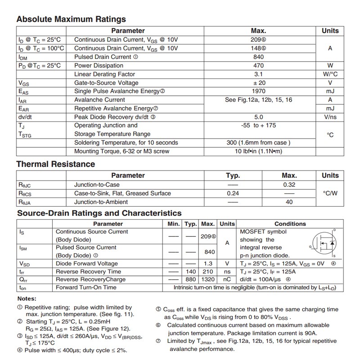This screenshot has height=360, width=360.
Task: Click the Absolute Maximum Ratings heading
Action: pos(71,19)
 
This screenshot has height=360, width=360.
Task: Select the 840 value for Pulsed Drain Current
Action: pos(258,57)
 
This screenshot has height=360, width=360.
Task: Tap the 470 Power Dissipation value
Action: pos(258,66)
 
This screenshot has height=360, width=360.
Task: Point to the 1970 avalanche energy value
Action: pos(258,91)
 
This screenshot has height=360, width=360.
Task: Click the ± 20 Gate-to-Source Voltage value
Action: pos(258,83)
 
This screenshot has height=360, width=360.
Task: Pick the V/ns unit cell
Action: pos(330,117)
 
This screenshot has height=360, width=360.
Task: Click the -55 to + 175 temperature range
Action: pos(258,126)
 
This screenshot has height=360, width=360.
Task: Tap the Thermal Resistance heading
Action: pos(56,164)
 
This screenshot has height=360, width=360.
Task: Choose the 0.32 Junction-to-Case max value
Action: pos(289,185)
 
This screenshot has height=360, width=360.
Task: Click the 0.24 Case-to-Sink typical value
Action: pos(233,193)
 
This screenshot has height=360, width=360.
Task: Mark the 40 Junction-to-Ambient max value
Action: pos(289,202)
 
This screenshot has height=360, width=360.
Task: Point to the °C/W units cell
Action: pos(330,193)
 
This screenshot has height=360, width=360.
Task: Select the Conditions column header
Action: pos(290,224)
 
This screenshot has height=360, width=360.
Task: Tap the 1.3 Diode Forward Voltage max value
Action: pos(208,264)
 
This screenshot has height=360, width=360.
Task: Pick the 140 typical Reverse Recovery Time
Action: pos(191,272)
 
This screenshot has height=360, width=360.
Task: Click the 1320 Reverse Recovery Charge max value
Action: pos(208,279)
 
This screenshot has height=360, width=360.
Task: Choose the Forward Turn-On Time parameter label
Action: pos(86,288)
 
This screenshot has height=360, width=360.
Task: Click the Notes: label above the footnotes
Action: pos(27,299)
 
